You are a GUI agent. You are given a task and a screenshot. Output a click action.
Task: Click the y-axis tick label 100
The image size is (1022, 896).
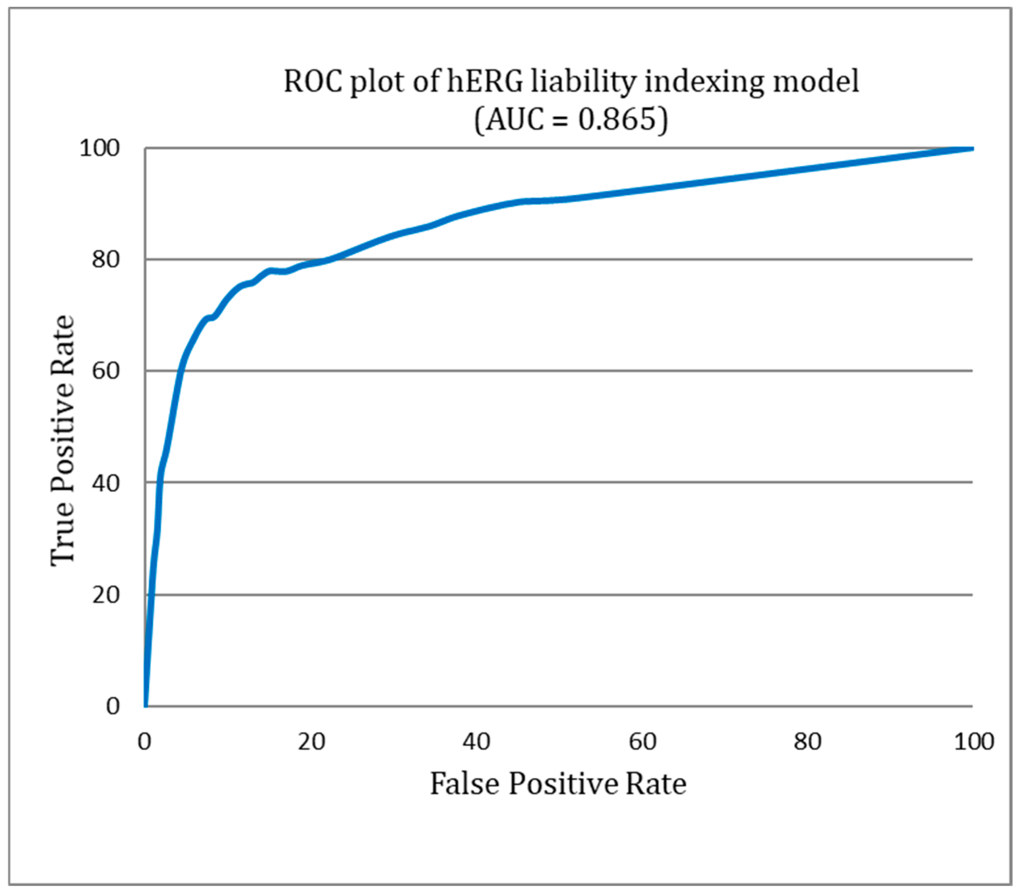point(100,149)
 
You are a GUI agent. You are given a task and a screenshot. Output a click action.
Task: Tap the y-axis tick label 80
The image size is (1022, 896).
point(105,260)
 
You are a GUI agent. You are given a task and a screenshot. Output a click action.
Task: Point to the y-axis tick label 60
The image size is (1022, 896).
point(105,371)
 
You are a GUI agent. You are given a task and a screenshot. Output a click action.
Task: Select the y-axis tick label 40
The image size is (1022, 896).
point(105,483)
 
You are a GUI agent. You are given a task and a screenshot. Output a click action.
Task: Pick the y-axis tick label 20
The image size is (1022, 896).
point(105,595)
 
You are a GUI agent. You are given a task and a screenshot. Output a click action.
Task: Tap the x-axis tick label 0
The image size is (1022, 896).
point(144,741)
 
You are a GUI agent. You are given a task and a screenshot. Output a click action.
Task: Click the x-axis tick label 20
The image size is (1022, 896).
point(311,741)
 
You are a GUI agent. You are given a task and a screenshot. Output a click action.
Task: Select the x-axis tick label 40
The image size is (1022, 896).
point(476,741)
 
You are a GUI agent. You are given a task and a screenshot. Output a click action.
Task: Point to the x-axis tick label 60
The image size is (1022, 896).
point(642,741)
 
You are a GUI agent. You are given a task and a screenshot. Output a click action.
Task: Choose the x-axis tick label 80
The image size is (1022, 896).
point(807,741)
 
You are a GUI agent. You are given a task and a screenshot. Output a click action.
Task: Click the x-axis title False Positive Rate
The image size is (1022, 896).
point(558,784)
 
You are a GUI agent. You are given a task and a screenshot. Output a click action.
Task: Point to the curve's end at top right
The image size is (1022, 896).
point(972,149)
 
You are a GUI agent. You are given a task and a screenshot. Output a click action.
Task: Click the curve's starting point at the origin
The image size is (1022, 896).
point(146,705)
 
